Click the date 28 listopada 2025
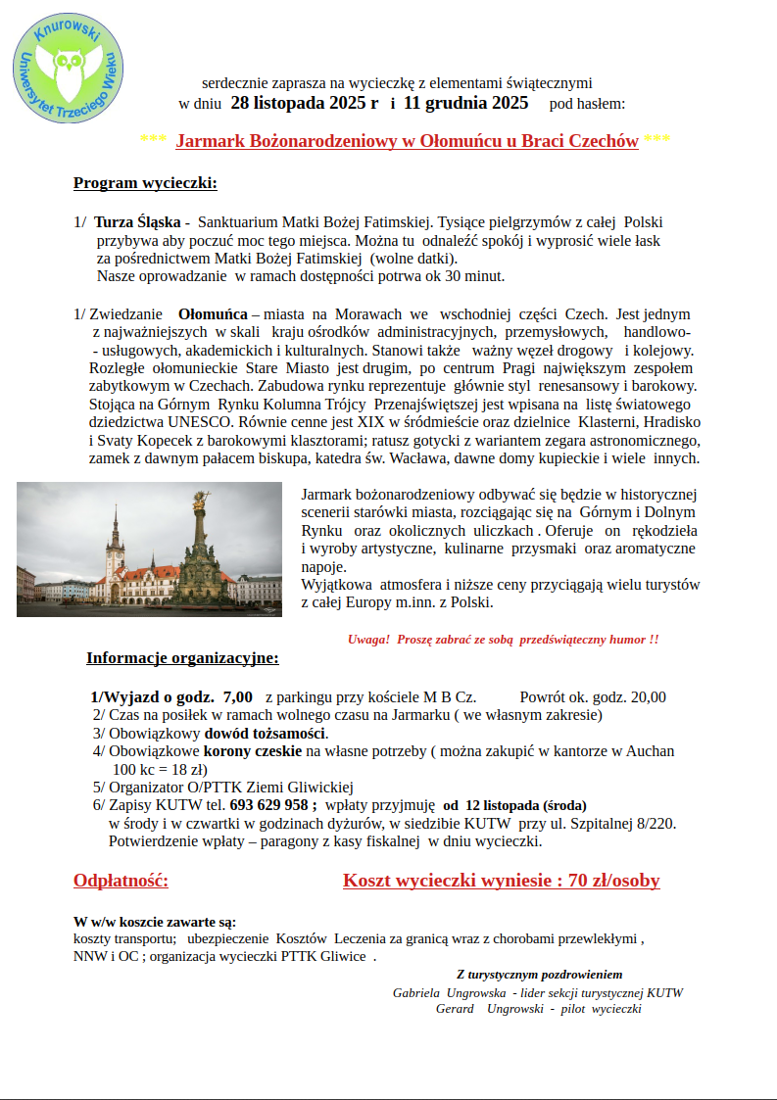[x=304, y=103]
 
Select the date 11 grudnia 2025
[x=465, y=103]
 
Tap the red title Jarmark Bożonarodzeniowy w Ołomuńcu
[x=407, y=141]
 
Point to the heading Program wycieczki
[x=145, y=183]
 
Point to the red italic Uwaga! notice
[x=503, y=639]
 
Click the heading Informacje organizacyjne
[x=182, y=658]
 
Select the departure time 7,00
[x=238, y=697]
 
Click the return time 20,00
[x=648, y=697]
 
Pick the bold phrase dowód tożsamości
[x=266, y=733]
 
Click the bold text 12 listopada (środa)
[x=514, y=804]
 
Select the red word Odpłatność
[x=121, y=881]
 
